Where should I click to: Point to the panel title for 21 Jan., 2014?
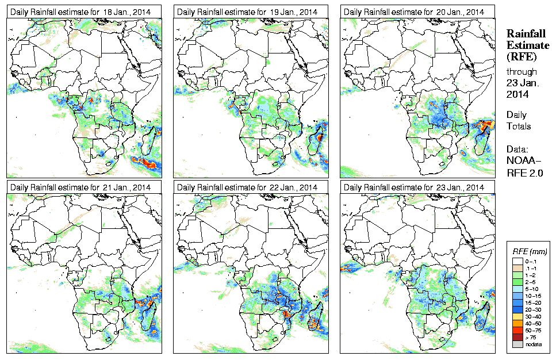(80, 187)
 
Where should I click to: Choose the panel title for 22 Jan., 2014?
(247, 187)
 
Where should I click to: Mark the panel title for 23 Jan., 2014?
(413, 187)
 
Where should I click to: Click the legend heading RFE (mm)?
(530, 251)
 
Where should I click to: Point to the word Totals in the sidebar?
(519, 126)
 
